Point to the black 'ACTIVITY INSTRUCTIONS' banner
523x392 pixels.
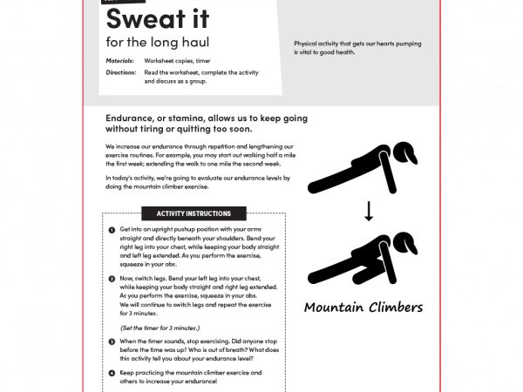[194, 213]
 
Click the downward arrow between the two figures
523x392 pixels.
[369, 212]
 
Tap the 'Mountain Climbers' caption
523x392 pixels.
[363, 308]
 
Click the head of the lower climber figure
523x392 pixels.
[404, 238]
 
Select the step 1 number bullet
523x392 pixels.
[112, 230]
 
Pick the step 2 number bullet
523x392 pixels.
[112, 278]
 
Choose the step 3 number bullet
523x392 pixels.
[112, 341]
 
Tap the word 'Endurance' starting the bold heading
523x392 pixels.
[132, 118]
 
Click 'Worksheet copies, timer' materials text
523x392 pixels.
[178, 62]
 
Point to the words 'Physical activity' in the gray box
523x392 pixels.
[318, 44]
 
